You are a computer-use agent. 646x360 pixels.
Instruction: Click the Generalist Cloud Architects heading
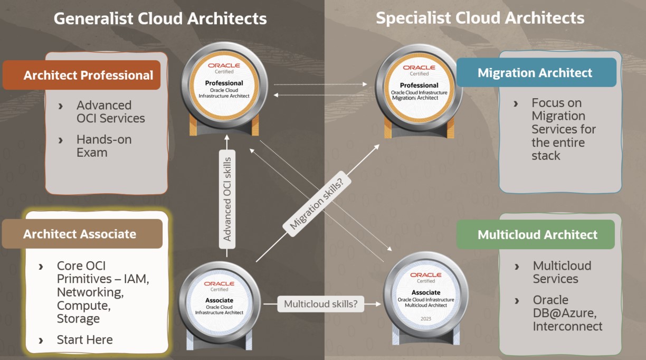pos(160,18)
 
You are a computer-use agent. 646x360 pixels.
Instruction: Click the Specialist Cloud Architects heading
pos(480,18)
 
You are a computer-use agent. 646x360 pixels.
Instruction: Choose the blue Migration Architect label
pos(535,73)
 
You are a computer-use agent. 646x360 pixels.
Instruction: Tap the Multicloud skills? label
pos(321,304)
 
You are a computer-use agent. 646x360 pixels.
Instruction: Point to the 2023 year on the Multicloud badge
pos(425,319)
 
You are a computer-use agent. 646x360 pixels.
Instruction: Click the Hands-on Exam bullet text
pos(103,146)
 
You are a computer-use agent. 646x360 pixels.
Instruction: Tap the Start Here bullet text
pos(85,340)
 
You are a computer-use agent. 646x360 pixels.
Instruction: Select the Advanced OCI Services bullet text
pos(111,112)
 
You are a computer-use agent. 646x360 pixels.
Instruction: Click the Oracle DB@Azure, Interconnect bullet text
pos(567,313)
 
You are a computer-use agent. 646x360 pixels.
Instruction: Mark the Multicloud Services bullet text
pos(562,272)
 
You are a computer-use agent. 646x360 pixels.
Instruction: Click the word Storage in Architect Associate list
pos(78,319)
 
